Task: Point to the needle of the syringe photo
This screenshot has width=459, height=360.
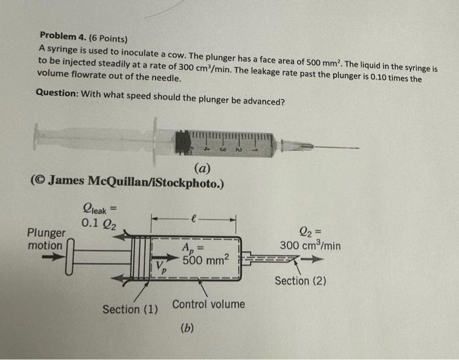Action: point(328,147)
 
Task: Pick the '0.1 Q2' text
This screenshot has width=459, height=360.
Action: point(99,224)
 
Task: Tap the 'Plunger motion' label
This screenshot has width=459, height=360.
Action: point(46,239)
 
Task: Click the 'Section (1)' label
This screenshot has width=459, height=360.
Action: point(130,309)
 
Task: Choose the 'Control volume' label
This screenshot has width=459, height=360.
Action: point(208,304)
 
